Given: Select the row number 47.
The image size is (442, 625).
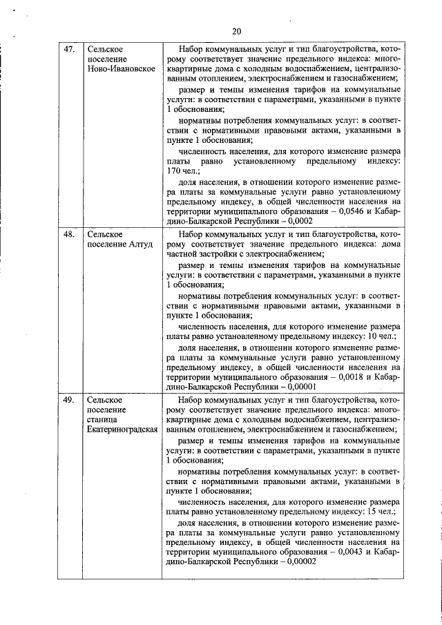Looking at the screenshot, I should [69, 50].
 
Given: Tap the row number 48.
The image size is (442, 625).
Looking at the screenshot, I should [69, 235].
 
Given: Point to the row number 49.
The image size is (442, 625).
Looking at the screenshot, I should [69, 400].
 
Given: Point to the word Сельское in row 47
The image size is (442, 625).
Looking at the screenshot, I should [106, 50].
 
